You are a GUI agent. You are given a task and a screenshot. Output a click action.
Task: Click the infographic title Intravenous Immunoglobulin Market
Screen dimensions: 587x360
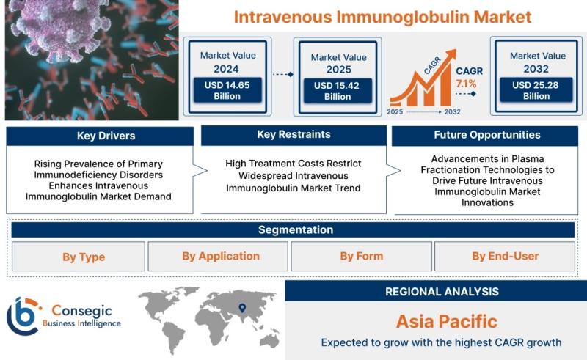(x=382, y=17)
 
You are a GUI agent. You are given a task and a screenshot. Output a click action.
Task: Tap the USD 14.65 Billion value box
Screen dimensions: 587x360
(x=227, y=90)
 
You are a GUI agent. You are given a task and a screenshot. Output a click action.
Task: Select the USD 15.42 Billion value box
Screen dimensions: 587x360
(x=338, y=91)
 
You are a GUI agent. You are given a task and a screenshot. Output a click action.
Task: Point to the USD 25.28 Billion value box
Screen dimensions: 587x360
(x=536, y=90)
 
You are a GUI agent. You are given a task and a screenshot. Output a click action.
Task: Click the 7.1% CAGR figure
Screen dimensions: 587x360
(x=466, y=84)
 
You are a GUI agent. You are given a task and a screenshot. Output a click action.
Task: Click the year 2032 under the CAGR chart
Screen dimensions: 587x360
(x=452, y=112)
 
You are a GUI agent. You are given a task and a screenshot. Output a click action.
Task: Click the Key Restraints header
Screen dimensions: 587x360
(x=294, y=135)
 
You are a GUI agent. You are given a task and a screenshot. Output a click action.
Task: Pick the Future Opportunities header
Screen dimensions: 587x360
(x=485, y=136)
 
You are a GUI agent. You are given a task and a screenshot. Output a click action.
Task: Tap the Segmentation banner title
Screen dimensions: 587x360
(x=296, y=229)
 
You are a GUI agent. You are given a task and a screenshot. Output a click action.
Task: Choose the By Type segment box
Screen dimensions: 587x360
(x=79, y=257)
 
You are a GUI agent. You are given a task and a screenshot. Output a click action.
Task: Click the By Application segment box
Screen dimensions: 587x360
(x=218, y=257)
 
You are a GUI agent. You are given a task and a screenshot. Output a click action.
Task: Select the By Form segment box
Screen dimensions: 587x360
(x=362, y=257)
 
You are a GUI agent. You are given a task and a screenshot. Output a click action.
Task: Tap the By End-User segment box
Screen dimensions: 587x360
(x=505, y=257)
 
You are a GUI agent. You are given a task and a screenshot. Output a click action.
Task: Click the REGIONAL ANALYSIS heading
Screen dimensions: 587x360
(x=442, y=292)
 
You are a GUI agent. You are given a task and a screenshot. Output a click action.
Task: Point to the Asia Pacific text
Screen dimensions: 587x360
(x=447, y=321)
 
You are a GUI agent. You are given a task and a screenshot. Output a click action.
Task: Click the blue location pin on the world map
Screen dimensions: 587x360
(x=242, y=308)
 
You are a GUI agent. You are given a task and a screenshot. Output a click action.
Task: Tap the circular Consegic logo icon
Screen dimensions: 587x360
(x=23, y=316)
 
